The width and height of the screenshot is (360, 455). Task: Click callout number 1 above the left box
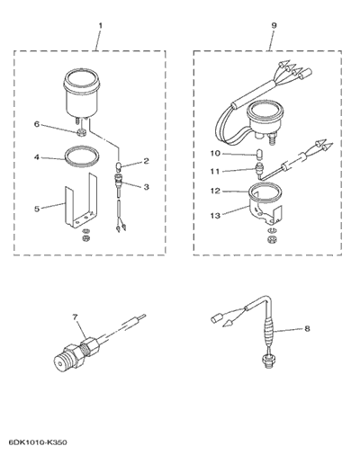coord(100,26)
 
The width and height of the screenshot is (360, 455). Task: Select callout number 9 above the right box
coord(274,25)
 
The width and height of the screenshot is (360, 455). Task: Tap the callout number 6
coord(37,124)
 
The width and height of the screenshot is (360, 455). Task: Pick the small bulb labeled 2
coord(119,165)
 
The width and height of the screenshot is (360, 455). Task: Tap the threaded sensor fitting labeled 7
coord(77,353)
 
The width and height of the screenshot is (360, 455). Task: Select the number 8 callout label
coord(307,329)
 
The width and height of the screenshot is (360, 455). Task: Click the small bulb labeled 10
coord(260,155)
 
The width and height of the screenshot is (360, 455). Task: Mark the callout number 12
coord(215,191)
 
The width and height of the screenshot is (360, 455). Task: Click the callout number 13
coord(215,215)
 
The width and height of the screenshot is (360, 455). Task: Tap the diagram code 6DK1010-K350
coord(38,442)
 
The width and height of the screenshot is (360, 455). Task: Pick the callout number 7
coord(75,317)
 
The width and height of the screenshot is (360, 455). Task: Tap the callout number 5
coord(37,209)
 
